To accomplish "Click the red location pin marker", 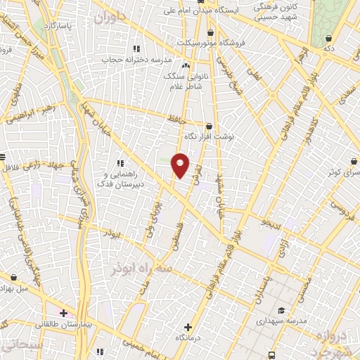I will [x=181, y=165].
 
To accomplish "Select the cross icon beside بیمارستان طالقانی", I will [x=63, y=313].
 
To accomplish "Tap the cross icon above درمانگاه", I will [x=188, y=327].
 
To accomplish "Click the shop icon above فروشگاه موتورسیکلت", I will [x=210, y=32].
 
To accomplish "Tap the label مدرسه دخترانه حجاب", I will [x=136, y=60].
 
